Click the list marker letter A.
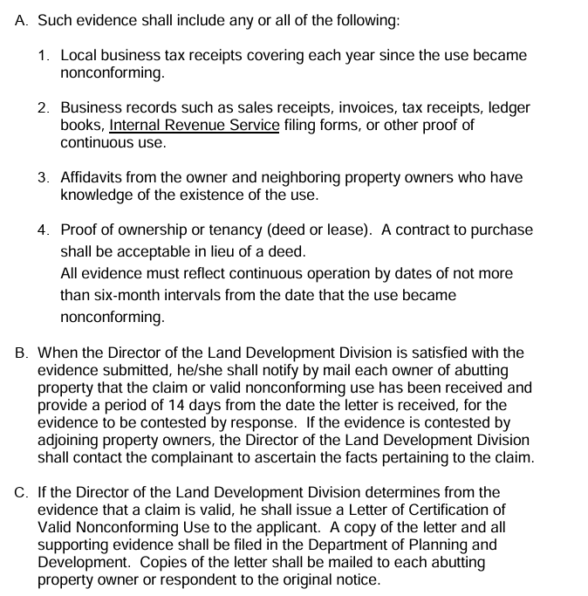22,20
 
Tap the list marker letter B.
22,353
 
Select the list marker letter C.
22,493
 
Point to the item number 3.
44,177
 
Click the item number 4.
44,230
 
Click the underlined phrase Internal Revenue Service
195,126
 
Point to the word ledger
509,108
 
